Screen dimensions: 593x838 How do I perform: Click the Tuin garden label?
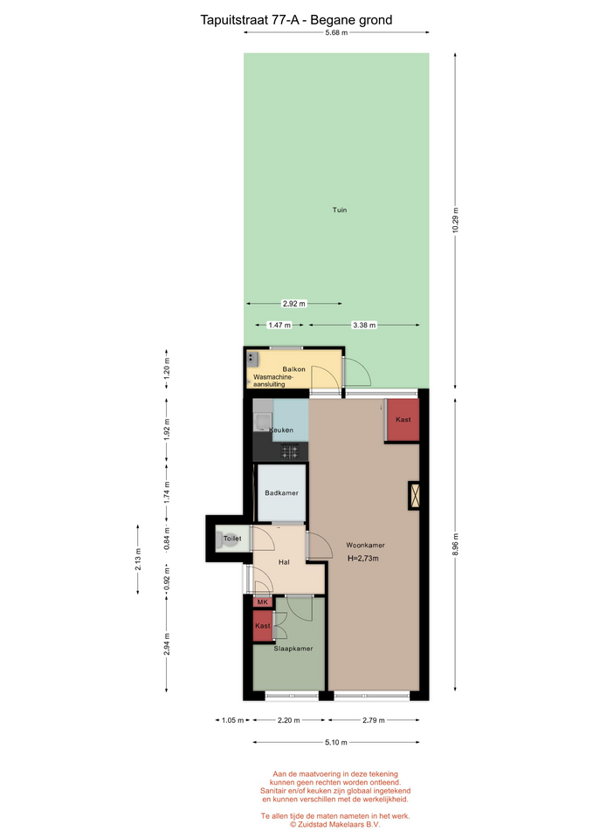tap(340, 210)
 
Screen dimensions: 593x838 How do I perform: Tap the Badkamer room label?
tap(282, 492)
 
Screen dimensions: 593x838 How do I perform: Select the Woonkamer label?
tap(365, 545)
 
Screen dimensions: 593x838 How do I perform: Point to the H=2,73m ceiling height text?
tap(363, 559)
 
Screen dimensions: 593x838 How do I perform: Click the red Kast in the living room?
tap(403, 420)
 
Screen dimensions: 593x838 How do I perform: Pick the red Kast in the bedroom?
tap(263, 626)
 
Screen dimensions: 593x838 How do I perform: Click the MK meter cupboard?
tap(263, 602)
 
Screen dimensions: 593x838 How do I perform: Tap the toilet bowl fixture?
tap(221, 539)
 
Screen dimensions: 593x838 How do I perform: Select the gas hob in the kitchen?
tap(290, 452)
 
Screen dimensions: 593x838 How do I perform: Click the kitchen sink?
tap(263, 422)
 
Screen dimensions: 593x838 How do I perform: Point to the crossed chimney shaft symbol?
tap(414, 496)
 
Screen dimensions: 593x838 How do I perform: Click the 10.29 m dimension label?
tap(456, 220)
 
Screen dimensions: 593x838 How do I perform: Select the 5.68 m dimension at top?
tap(336, 32)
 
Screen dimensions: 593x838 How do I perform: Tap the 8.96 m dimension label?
tap(456, 545)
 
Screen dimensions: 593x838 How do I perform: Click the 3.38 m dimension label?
tap(364, 325)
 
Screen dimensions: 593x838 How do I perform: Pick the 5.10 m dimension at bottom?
tap(336, 742)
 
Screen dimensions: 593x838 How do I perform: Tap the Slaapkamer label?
tap(293, 649)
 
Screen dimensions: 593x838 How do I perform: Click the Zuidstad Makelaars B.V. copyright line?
tap(335, 825)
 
